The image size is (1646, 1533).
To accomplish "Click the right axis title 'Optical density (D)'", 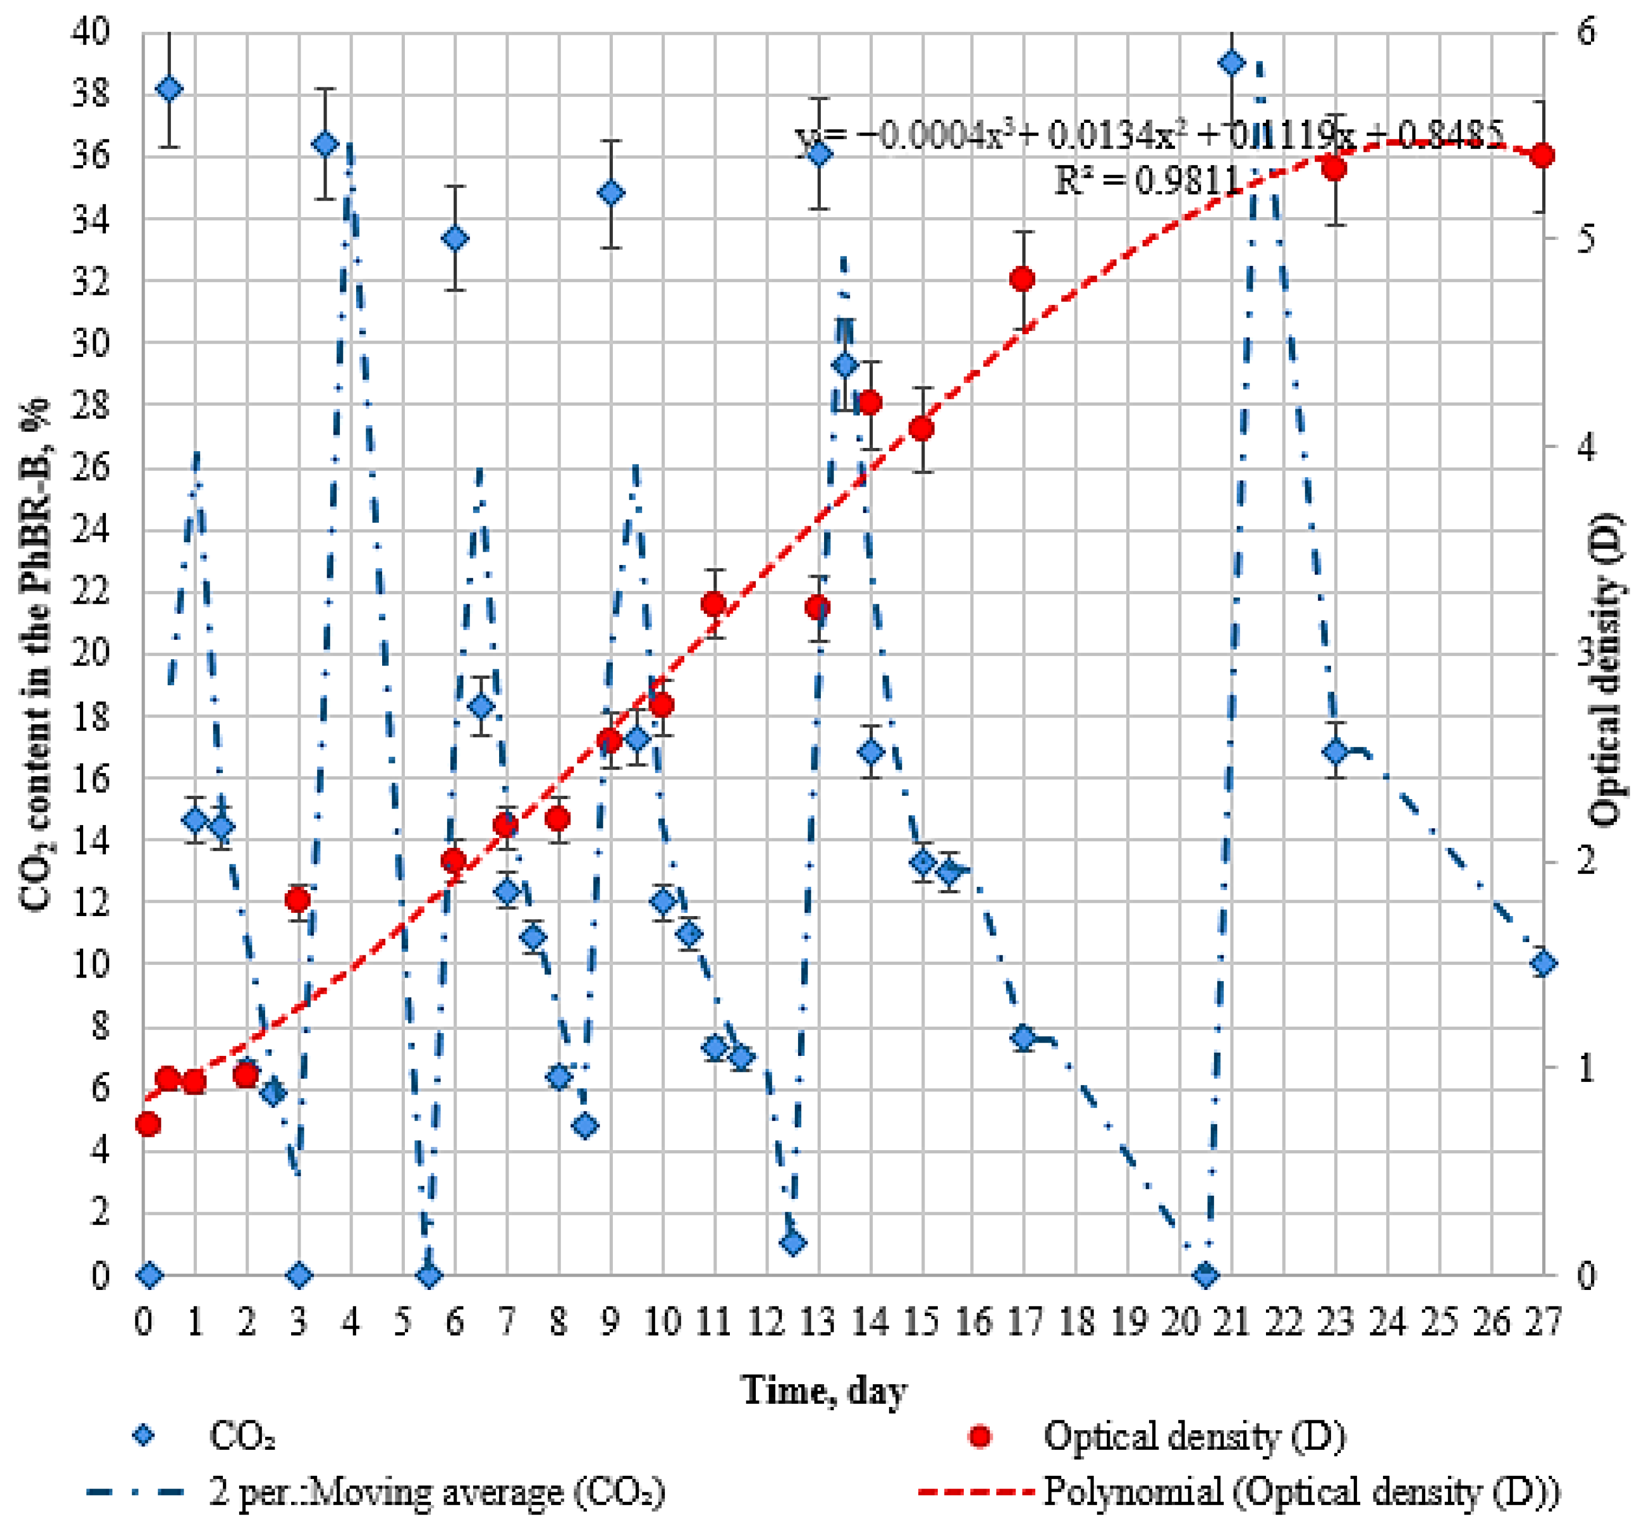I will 1606,671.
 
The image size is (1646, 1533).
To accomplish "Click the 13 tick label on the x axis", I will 818,1321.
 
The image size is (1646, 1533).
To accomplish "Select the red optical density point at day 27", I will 1542,156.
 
